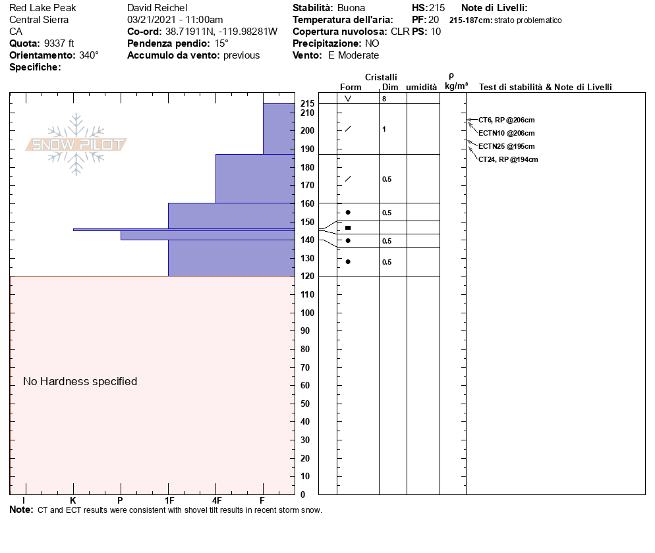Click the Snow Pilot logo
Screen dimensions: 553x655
[x=76, y=144]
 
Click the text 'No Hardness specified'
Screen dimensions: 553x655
[x=80, y=381]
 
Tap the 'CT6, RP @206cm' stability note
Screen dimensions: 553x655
[x=506, y=120]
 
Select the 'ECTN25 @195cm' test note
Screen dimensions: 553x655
[x=506, y=146]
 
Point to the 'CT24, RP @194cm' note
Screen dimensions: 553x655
[x=508, y=159]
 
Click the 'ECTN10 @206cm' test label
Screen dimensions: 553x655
[x=506, y=133]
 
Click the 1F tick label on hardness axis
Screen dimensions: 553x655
[x=169, y=500]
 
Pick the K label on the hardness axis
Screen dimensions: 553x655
[x=73, y=500]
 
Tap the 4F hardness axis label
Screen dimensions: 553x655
[x=216, y=500]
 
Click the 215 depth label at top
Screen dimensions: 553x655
[x=307, y=104]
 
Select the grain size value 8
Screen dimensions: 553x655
[x=384, y=99]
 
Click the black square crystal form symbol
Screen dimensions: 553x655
[x=348, y=228]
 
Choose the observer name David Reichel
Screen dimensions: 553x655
[x=158, y=8]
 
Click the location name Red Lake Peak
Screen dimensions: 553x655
[x=42, y=8]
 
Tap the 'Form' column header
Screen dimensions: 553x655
[x=351, y=87]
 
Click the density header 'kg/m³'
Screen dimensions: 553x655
[x=456, y=86]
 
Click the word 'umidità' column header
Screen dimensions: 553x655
[x=421, y=87]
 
